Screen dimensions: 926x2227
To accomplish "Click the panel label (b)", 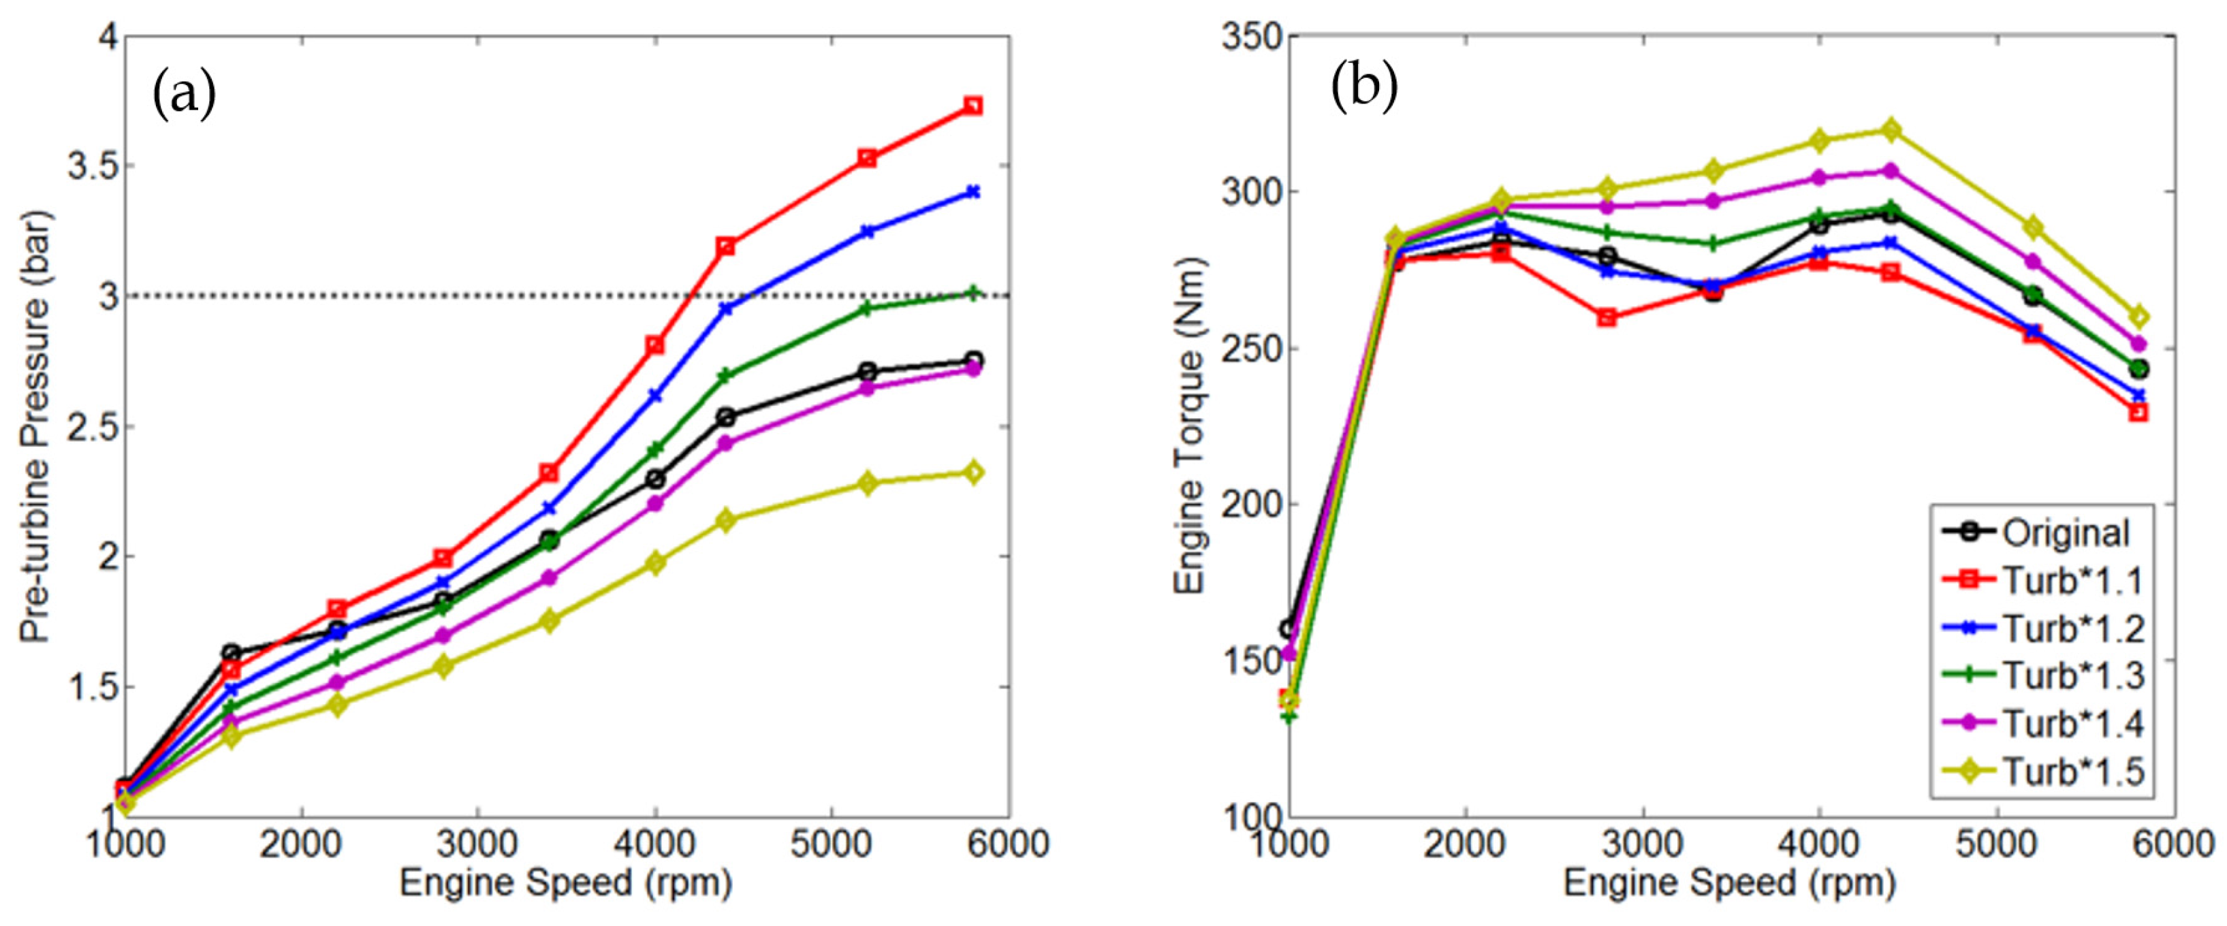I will point(1363,86).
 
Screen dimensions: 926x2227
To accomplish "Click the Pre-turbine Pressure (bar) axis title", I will point(36,426).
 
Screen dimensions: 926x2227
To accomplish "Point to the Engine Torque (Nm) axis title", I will point(1190,426).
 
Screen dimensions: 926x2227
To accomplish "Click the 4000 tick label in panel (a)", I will point(654,843).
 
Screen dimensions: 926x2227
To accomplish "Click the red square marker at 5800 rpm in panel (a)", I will point(973,106).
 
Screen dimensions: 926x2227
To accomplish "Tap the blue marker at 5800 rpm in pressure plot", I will point(973,192).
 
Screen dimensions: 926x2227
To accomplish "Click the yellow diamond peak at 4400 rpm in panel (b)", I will point(1891,129).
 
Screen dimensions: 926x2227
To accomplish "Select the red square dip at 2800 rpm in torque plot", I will point(1607,317).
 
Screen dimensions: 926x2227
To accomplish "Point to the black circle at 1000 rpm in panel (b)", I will point(1289,628).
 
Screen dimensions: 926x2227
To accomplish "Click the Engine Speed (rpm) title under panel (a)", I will point(566,884).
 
